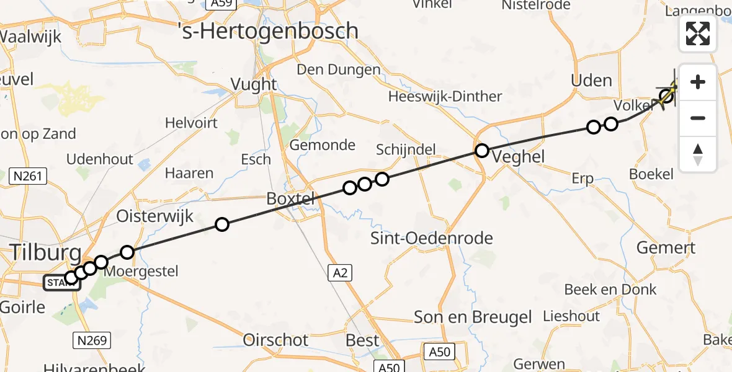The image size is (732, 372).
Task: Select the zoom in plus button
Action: pyautogui.click(x=698, y=82)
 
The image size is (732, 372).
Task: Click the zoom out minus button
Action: pyautogui.click(x=698, y=118)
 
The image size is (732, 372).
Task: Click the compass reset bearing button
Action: pyautogui.click(x=698, y=154)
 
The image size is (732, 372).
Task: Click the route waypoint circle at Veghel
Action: pyautogui.click(x=482, y=150)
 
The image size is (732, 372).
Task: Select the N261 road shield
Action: pyautogui.click(x=29, y=177)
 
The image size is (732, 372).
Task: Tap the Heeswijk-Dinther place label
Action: pyautogui.click(x=445, y=97)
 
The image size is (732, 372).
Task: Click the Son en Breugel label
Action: pyautogui.click(x=473, y=317)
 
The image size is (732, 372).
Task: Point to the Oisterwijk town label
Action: pyautogui.click(x=156, y=216)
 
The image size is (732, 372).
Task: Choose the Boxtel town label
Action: pyautogui.click(x=290, y=199)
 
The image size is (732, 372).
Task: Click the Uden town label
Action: pyautogui.click(x=591, y=80)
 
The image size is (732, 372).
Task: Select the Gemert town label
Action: pyautogui.click(x=666, y=248)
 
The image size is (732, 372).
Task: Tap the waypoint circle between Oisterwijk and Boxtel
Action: pyautogui.click(x=221, y=224)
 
